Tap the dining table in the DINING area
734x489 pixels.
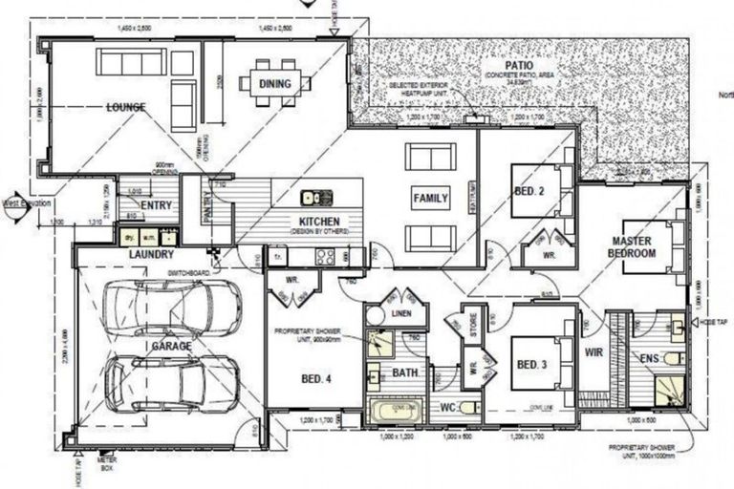click(275, 82)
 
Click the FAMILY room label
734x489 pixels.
click(430, 199)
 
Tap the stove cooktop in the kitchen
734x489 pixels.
click(326, 256)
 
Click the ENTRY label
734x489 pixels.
click(155, 205)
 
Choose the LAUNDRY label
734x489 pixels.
click(151, 255)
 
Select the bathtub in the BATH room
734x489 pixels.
click(393, 411)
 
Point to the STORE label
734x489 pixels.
click(471, 321)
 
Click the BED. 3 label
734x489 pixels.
click(530, 366)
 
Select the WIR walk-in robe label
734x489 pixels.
click(594, 351)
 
